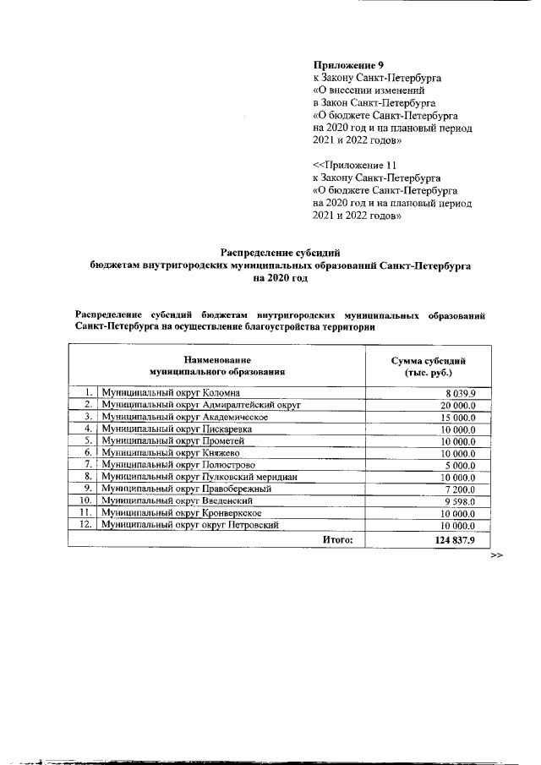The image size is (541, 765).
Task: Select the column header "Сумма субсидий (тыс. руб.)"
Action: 428,366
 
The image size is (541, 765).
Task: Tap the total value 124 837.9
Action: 456,538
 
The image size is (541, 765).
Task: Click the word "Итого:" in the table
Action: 337,538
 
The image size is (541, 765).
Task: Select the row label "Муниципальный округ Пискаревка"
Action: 169,429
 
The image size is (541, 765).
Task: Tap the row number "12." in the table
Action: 85,525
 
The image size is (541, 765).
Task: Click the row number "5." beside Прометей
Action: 87,441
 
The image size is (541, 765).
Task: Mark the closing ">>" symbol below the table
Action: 496,555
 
